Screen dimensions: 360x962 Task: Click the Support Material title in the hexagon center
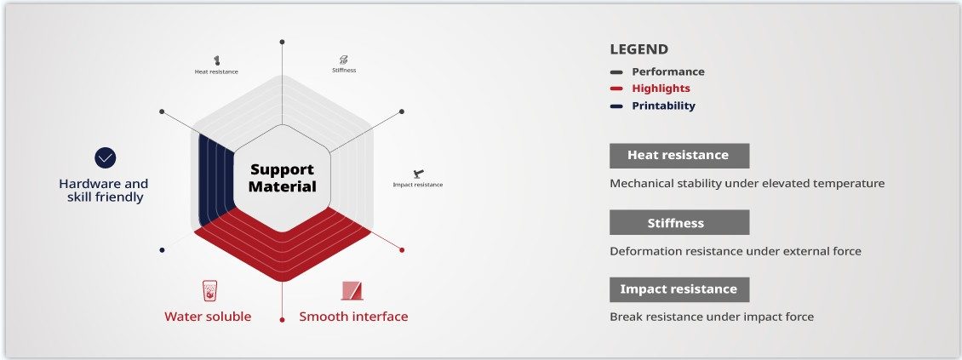tap(282, 178)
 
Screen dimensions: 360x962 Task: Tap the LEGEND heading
tap(638, 49)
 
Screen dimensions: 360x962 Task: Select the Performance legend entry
tap(667, 71)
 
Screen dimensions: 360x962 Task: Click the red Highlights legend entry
tap(661, 89)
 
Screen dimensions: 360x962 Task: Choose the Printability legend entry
tap(663, 106)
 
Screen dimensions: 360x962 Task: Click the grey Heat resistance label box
tap(679, 155)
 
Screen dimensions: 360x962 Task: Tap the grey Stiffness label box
tap(679, 222)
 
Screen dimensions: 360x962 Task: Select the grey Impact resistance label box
tap(679, 289)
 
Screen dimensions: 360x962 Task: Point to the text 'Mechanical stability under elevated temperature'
tap(747, 183)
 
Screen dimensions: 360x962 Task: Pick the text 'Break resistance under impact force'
tap(712, 317)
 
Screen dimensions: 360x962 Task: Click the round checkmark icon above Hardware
tap(105, 157)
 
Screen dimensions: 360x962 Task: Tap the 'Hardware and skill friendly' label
tap(103, 190)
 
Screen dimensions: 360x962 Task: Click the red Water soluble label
tap(208, 317)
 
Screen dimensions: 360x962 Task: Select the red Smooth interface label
tap(353, 317)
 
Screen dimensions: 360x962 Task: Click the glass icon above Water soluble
tap(209, 291)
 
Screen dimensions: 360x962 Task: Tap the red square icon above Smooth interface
tap(352, 291)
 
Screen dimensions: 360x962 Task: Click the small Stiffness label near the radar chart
tap(344, 70)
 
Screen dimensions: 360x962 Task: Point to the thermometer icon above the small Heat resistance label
tap(217, 60)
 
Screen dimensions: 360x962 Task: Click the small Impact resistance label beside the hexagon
tap(417, 185)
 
